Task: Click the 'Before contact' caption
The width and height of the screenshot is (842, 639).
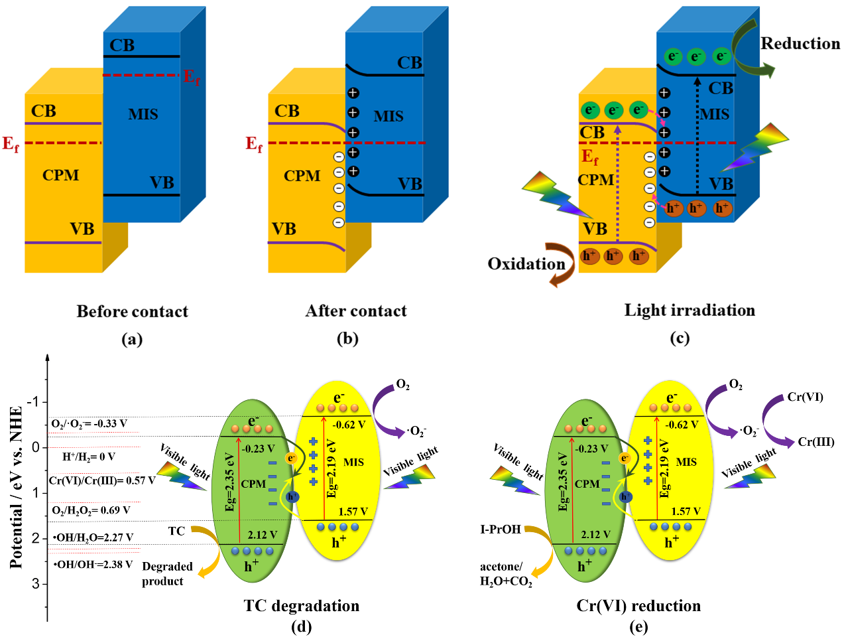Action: pos(132,311)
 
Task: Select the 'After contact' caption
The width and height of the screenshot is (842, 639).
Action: pos(356,311)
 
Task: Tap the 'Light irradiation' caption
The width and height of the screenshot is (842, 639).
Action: pos(690,310)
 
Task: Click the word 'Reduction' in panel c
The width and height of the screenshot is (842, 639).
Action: pos(800,44)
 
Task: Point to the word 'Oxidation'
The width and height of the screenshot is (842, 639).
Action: pos(526,264)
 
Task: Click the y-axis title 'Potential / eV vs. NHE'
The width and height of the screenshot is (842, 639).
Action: pos(17,488)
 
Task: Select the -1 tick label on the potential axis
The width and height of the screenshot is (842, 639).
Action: pos(33,402)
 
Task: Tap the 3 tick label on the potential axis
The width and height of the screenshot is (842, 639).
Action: pos(36,584)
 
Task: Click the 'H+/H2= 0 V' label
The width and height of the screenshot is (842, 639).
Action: pos(89,457)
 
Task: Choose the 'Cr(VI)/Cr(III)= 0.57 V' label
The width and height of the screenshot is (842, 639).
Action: pos(102,480)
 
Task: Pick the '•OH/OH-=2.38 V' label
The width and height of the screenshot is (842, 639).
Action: pos(93,565)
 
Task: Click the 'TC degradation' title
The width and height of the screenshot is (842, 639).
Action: pos(302,606)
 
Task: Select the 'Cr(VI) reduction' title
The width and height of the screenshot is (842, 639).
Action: pos(638,606)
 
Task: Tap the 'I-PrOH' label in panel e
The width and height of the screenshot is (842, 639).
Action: pos(501,530)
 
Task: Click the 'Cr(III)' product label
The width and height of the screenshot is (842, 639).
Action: pos(815,442)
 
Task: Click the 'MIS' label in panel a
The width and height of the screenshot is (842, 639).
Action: pos(143,114)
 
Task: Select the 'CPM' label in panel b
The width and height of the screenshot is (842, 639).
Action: pos(302,176)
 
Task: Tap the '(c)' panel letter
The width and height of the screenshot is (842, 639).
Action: pos(680,338)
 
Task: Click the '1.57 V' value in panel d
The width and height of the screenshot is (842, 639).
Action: pos(353,512)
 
